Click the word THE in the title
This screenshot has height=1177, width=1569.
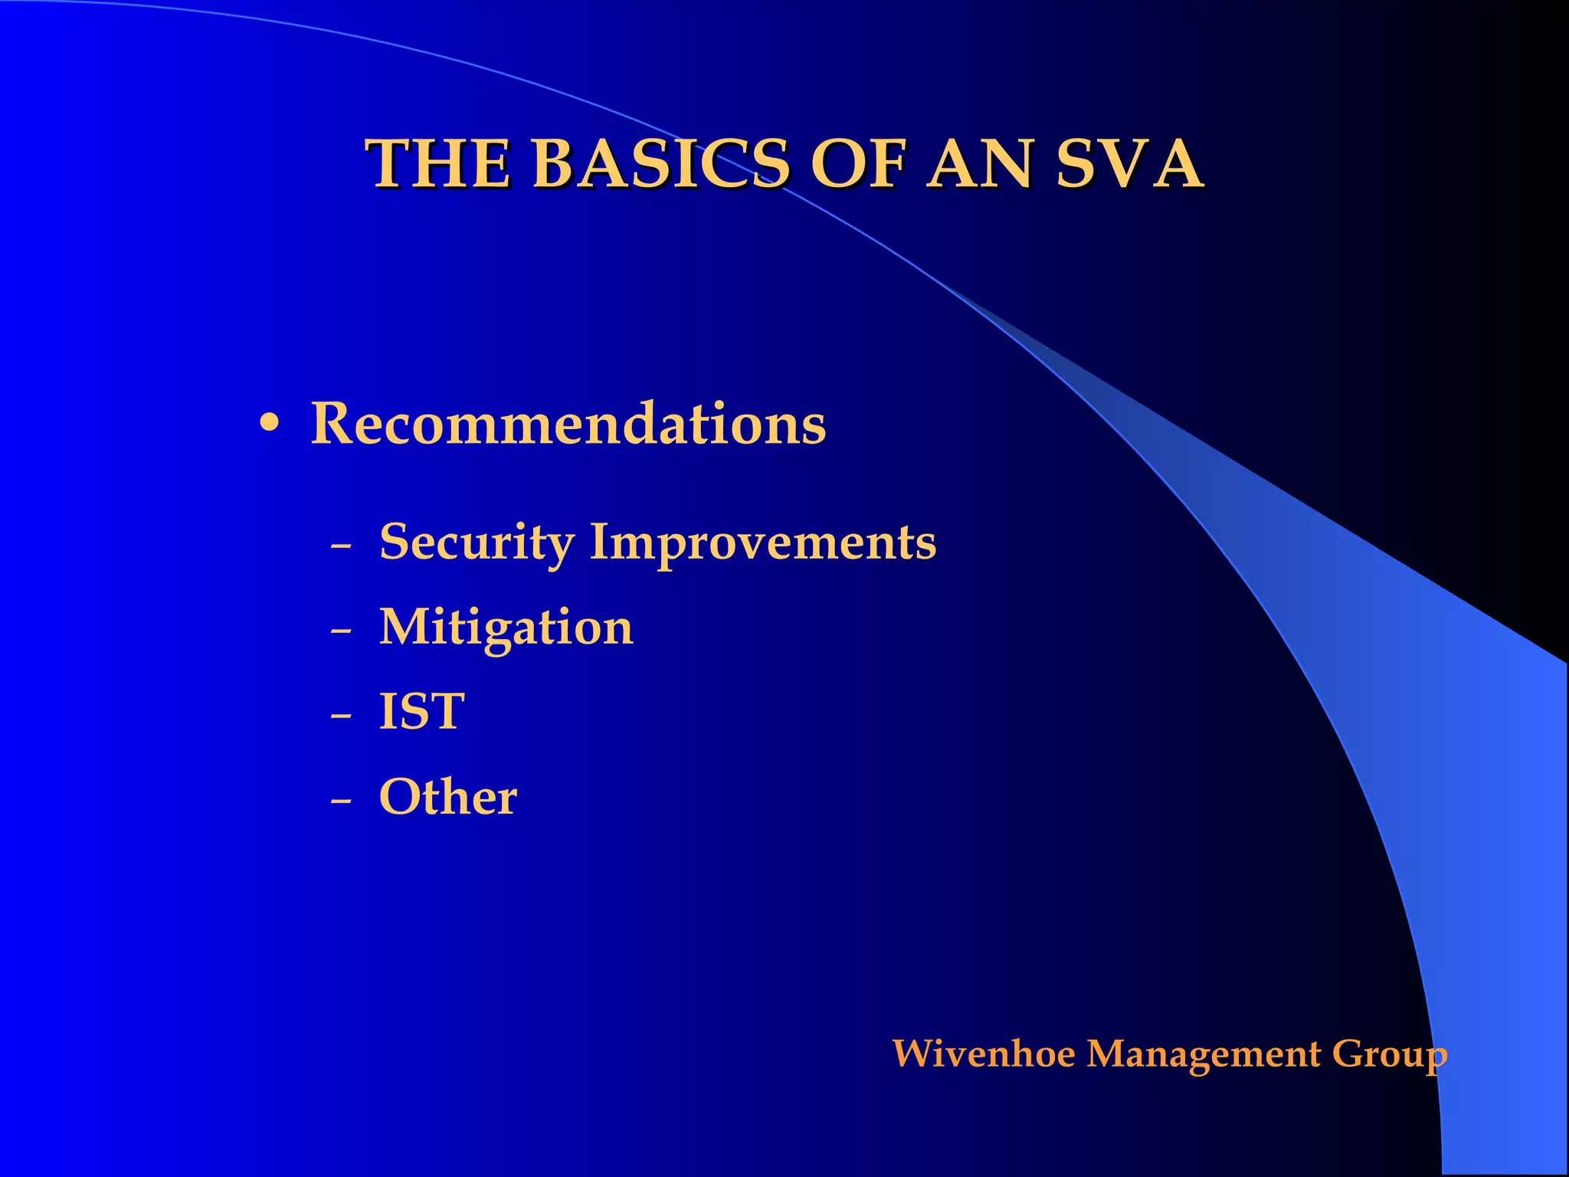tap(439, 164)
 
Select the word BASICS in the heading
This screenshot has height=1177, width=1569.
tap(660, 164)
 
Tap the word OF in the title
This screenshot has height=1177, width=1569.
tap(857, 164)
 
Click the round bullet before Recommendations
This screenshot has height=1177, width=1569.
tap(269, 423)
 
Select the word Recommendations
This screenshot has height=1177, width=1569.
tap(568, 423)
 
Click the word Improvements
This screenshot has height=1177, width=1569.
tap(762, 543)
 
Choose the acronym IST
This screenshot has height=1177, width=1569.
tap(421, 712)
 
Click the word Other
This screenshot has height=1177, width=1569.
tap(448, 797)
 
